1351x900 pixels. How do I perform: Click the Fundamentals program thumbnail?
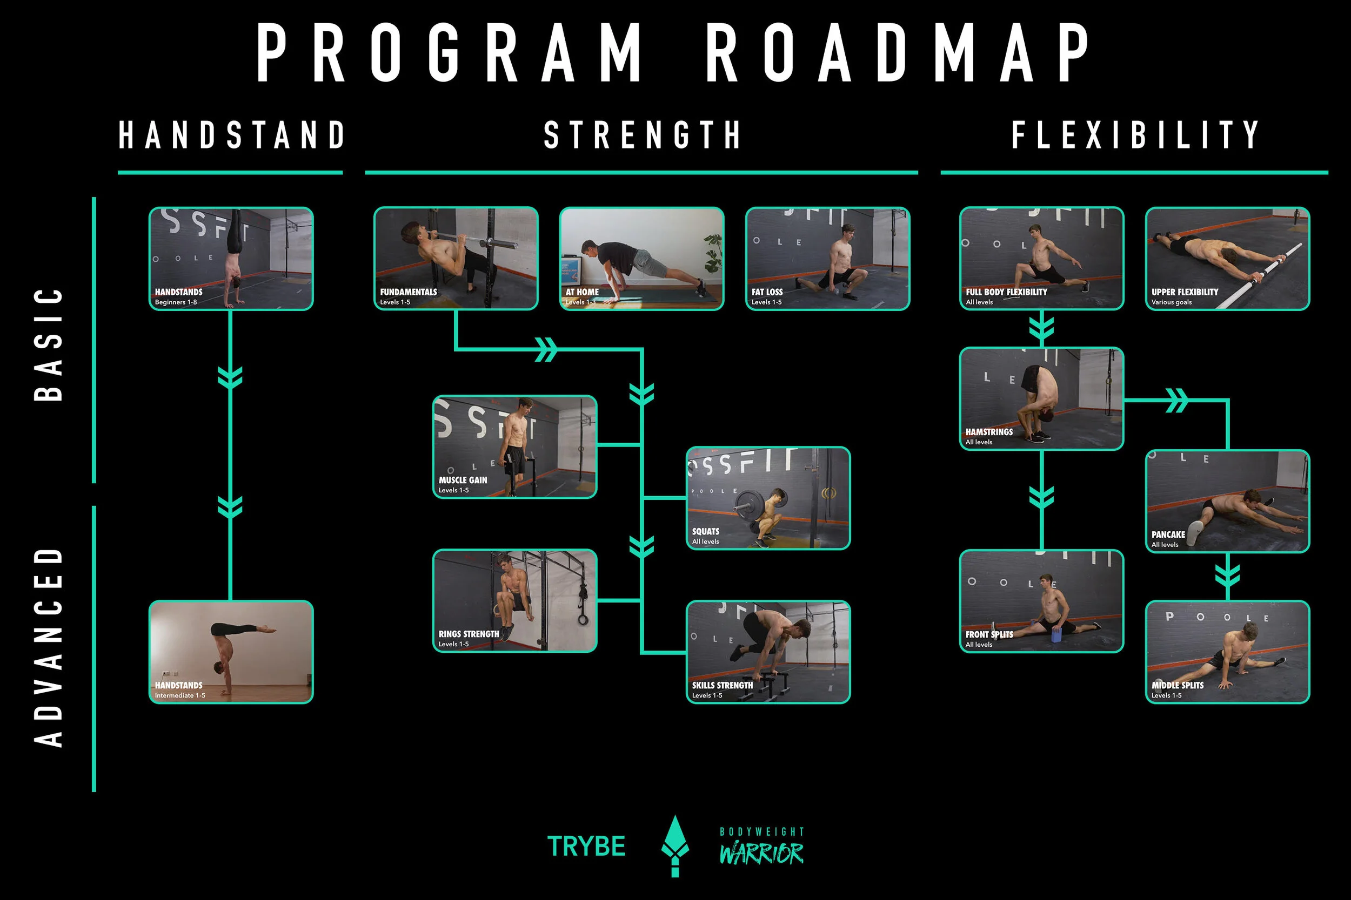click(x=456, y=258)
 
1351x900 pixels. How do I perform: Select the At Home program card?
click(x=641, y=258)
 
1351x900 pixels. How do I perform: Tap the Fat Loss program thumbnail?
click(x=828, y=258)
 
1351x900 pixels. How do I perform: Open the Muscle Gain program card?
click(x=514, y=446)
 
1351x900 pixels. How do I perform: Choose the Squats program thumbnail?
click(x=768, y=498)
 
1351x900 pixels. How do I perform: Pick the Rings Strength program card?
click(x=514, y=600)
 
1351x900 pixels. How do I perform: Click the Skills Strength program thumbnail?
click(x=768, y=652)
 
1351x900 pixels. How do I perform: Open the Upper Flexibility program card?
click(x=1227, y=258)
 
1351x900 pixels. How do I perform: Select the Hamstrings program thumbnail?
click(x=1041, y=398)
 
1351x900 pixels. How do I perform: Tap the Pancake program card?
click(x=1227, y=501)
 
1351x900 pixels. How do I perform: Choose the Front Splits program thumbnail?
click(x=1041, y=601)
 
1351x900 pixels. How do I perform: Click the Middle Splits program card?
click(x=1227, y=652)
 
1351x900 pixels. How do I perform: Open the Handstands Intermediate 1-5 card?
click(x=231, y=652)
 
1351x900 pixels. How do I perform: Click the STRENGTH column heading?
click(x=641, y=135)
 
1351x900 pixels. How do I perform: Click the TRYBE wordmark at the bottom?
click(x=586, y=847)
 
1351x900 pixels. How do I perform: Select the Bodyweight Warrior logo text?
click(x=761, y=847)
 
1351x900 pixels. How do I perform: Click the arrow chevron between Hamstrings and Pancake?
click(x=1176, y=400)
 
